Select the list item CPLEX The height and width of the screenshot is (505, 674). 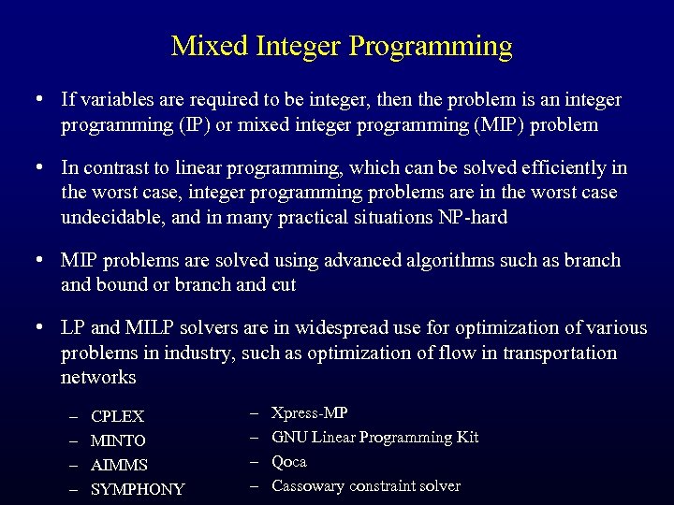(x=117, y=416)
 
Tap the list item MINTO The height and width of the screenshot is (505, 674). (x=118, y=440)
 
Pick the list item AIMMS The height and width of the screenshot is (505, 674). (x=119, y=465)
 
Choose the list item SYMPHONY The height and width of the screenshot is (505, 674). (x=138, y=489)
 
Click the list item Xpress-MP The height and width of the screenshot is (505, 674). (x=309, y=412)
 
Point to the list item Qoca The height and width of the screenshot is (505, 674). (x=288, y=461)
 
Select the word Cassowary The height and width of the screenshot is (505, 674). (x=308, y=485)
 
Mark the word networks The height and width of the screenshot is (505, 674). (x=98, y=377)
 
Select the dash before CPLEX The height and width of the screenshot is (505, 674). (x=73, y=416)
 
